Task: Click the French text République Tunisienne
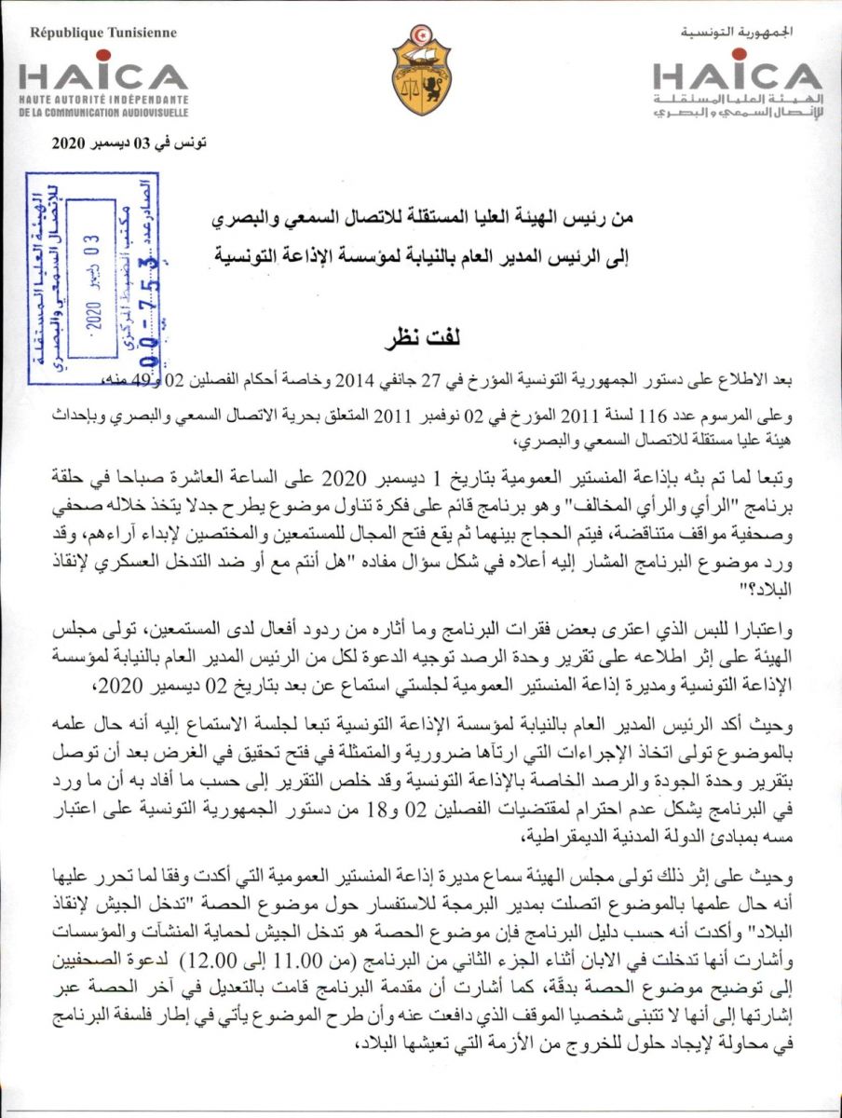(x=103, y=33)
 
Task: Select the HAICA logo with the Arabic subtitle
(x=737, y=75)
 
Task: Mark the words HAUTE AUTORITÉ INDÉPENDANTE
(x=103, y=99)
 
